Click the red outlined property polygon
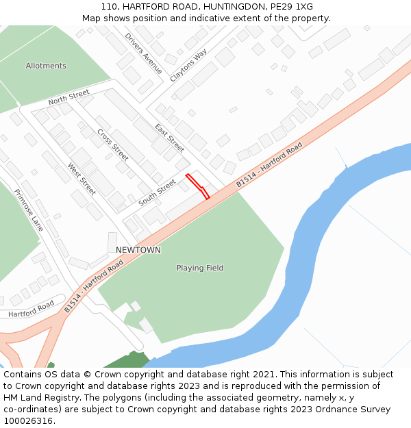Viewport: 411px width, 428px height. (197, 186)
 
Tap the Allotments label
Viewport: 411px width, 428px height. (46, 66)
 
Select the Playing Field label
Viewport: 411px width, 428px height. (200, 268)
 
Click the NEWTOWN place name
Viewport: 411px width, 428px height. (138, 250)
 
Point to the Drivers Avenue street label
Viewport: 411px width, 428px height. (144, 53)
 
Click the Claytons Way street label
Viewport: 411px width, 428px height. (188, 66)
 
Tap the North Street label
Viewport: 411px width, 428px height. (68, 97)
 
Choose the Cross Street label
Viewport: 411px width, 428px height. (112, 144)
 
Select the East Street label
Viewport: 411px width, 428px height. (169, 138)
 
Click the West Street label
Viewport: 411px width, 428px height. (82, 179)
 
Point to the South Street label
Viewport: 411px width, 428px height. (158, 192)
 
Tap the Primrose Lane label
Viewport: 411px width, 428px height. (29, 210)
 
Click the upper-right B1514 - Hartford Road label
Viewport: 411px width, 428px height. (269, 165)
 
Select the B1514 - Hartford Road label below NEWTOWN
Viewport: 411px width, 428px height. (94, 286)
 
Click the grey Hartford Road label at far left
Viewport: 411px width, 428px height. (31, 309)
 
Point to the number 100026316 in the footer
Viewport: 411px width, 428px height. (27, 420)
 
